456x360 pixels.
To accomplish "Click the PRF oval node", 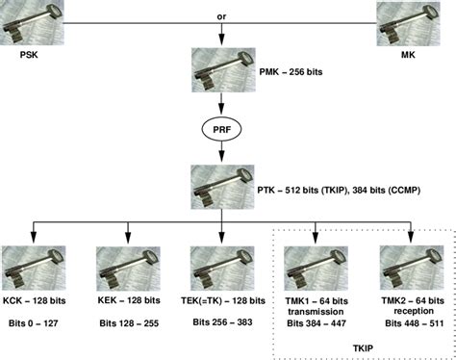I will (222, 127).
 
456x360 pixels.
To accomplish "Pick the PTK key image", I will (222, 184).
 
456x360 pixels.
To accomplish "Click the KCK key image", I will (32, 269).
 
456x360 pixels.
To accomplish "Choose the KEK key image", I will (127, 269).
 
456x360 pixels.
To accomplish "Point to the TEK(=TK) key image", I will (222, 269).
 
